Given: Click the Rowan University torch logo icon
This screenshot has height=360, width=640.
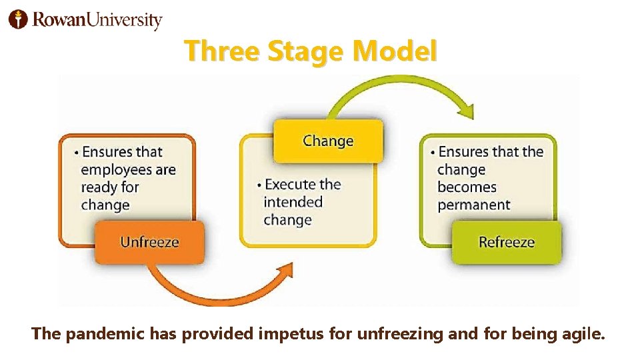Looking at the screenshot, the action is click(x=18, y=19).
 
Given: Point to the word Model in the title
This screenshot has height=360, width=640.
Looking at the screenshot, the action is click(x=395, y=51).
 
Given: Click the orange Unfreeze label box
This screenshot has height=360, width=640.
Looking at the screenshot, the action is click(x=149, y=241).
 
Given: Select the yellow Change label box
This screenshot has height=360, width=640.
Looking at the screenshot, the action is click(x=328, y=141).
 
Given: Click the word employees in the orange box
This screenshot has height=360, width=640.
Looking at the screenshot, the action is click(x=116, y=169).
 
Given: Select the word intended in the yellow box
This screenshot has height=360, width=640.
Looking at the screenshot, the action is click(x=293, y=202).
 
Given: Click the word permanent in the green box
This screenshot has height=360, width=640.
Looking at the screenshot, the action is click(x=473, y=205).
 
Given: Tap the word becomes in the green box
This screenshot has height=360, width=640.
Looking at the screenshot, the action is click(x=467, y=187).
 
